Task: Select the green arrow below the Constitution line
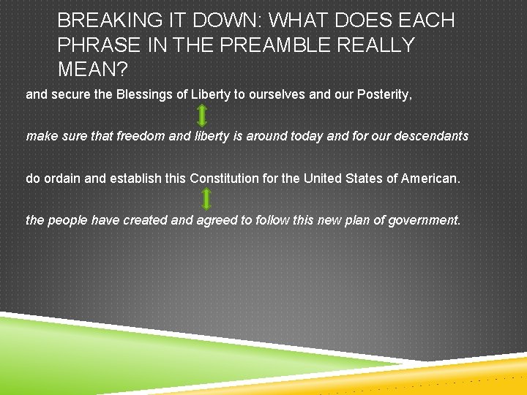coord(206,199)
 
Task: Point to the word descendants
coord(431,136)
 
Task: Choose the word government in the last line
coord(422,219)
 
